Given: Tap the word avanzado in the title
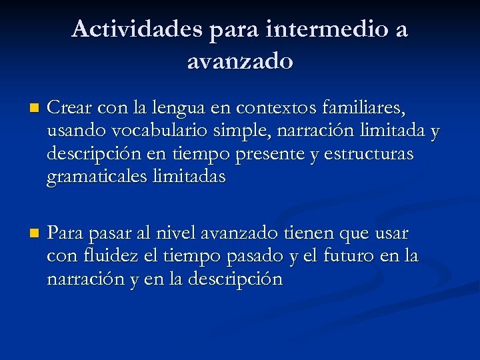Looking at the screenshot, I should [240, 61].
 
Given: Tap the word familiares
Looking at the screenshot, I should [363, 107].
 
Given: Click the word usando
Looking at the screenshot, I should [71, 131].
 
